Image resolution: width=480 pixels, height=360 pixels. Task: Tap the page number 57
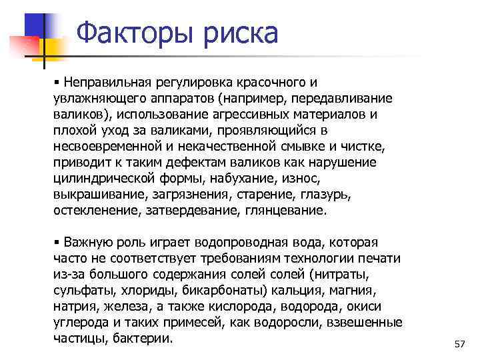459,344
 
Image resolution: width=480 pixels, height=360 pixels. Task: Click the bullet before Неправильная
57,82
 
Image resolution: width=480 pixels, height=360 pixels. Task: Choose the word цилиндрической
97,179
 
